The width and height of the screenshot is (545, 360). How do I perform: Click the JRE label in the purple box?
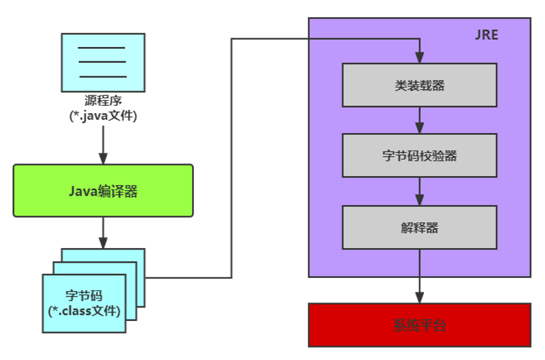tap(487, 35)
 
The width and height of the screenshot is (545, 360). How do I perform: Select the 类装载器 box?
tap(419, 85)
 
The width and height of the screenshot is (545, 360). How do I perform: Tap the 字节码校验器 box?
tap(419, 156)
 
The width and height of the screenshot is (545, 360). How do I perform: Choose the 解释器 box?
tap(419, 227)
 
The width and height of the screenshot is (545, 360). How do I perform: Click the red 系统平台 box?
tap(419, 325)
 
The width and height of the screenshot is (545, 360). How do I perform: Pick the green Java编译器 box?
tap(103, 191)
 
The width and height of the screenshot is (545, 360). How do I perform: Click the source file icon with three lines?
tap(103, 62)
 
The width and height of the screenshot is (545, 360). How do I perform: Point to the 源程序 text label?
tap(103, 101)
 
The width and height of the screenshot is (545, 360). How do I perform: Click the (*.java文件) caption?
tap(103, 115)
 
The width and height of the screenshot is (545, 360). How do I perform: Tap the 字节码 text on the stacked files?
tap(84, 295)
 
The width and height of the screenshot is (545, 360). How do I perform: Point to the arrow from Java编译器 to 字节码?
tap(103, 232)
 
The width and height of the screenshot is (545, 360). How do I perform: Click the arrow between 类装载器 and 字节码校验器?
tap(419, 120)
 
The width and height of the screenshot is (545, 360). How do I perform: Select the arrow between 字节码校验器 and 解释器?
tap(419, 191)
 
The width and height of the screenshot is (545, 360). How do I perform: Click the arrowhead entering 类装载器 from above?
tap(419, 58)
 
